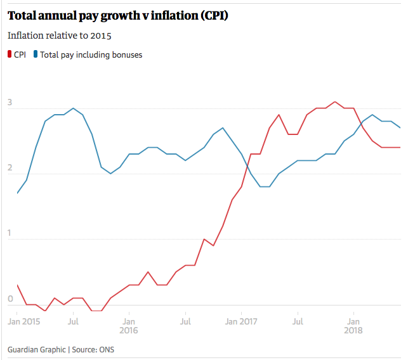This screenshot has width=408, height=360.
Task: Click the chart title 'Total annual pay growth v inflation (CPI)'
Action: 118,15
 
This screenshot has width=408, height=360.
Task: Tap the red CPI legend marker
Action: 10,55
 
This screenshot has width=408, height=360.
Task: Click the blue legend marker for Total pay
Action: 36,55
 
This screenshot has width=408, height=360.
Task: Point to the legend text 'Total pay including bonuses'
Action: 91,55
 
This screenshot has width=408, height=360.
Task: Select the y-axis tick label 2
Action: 10,168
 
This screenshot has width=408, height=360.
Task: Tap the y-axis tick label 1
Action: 10,233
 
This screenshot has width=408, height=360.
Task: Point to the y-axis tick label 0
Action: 10,299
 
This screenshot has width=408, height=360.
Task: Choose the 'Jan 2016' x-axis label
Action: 129,326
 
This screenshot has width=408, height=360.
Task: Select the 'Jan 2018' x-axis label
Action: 353,326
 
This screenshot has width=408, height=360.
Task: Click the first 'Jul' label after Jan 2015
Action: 73,321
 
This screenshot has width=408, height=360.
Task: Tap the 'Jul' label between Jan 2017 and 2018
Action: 297,321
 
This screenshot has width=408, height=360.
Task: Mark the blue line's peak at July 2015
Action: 74,108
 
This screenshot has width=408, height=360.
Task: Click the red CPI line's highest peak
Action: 335,101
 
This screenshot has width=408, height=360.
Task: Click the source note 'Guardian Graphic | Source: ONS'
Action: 61,349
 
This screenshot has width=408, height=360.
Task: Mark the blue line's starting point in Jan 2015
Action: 17,193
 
